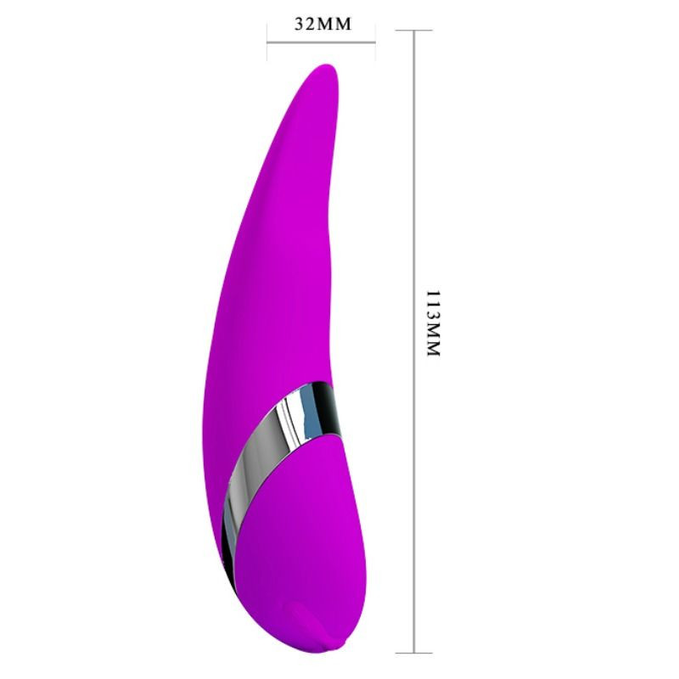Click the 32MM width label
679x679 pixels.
(323, 25)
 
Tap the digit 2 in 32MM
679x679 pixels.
(311, 25)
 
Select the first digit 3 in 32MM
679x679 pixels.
(300, 25)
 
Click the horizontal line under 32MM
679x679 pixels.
(321, 42)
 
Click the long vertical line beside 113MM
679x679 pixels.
(414, 341)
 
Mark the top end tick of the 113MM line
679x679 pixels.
(414, 31)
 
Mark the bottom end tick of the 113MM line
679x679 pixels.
(414, 653)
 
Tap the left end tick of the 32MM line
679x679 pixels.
(267, 42)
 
